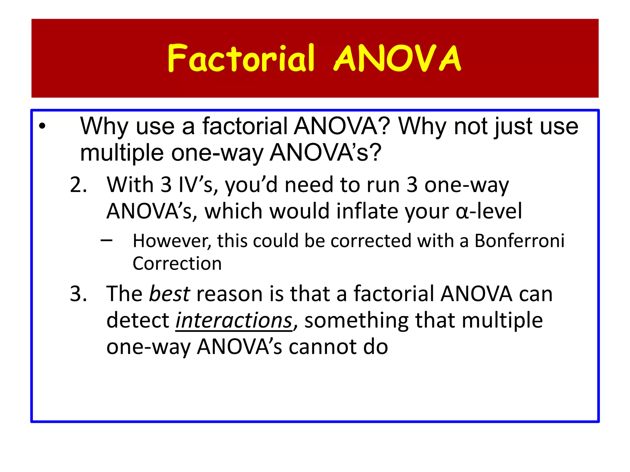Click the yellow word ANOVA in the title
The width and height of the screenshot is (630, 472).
point(397,58)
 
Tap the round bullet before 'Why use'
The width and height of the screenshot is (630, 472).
point(42,126)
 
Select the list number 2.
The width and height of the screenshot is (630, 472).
point(78,185)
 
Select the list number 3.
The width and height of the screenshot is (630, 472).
point(78,294)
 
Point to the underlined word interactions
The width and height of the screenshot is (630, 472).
point(233,321)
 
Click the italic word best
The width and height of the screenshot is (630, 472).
point(169,294)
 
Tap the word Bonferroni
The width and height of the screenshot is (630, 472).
point(520,241)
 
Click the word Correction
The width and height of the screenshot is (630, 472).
point(177,264)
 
